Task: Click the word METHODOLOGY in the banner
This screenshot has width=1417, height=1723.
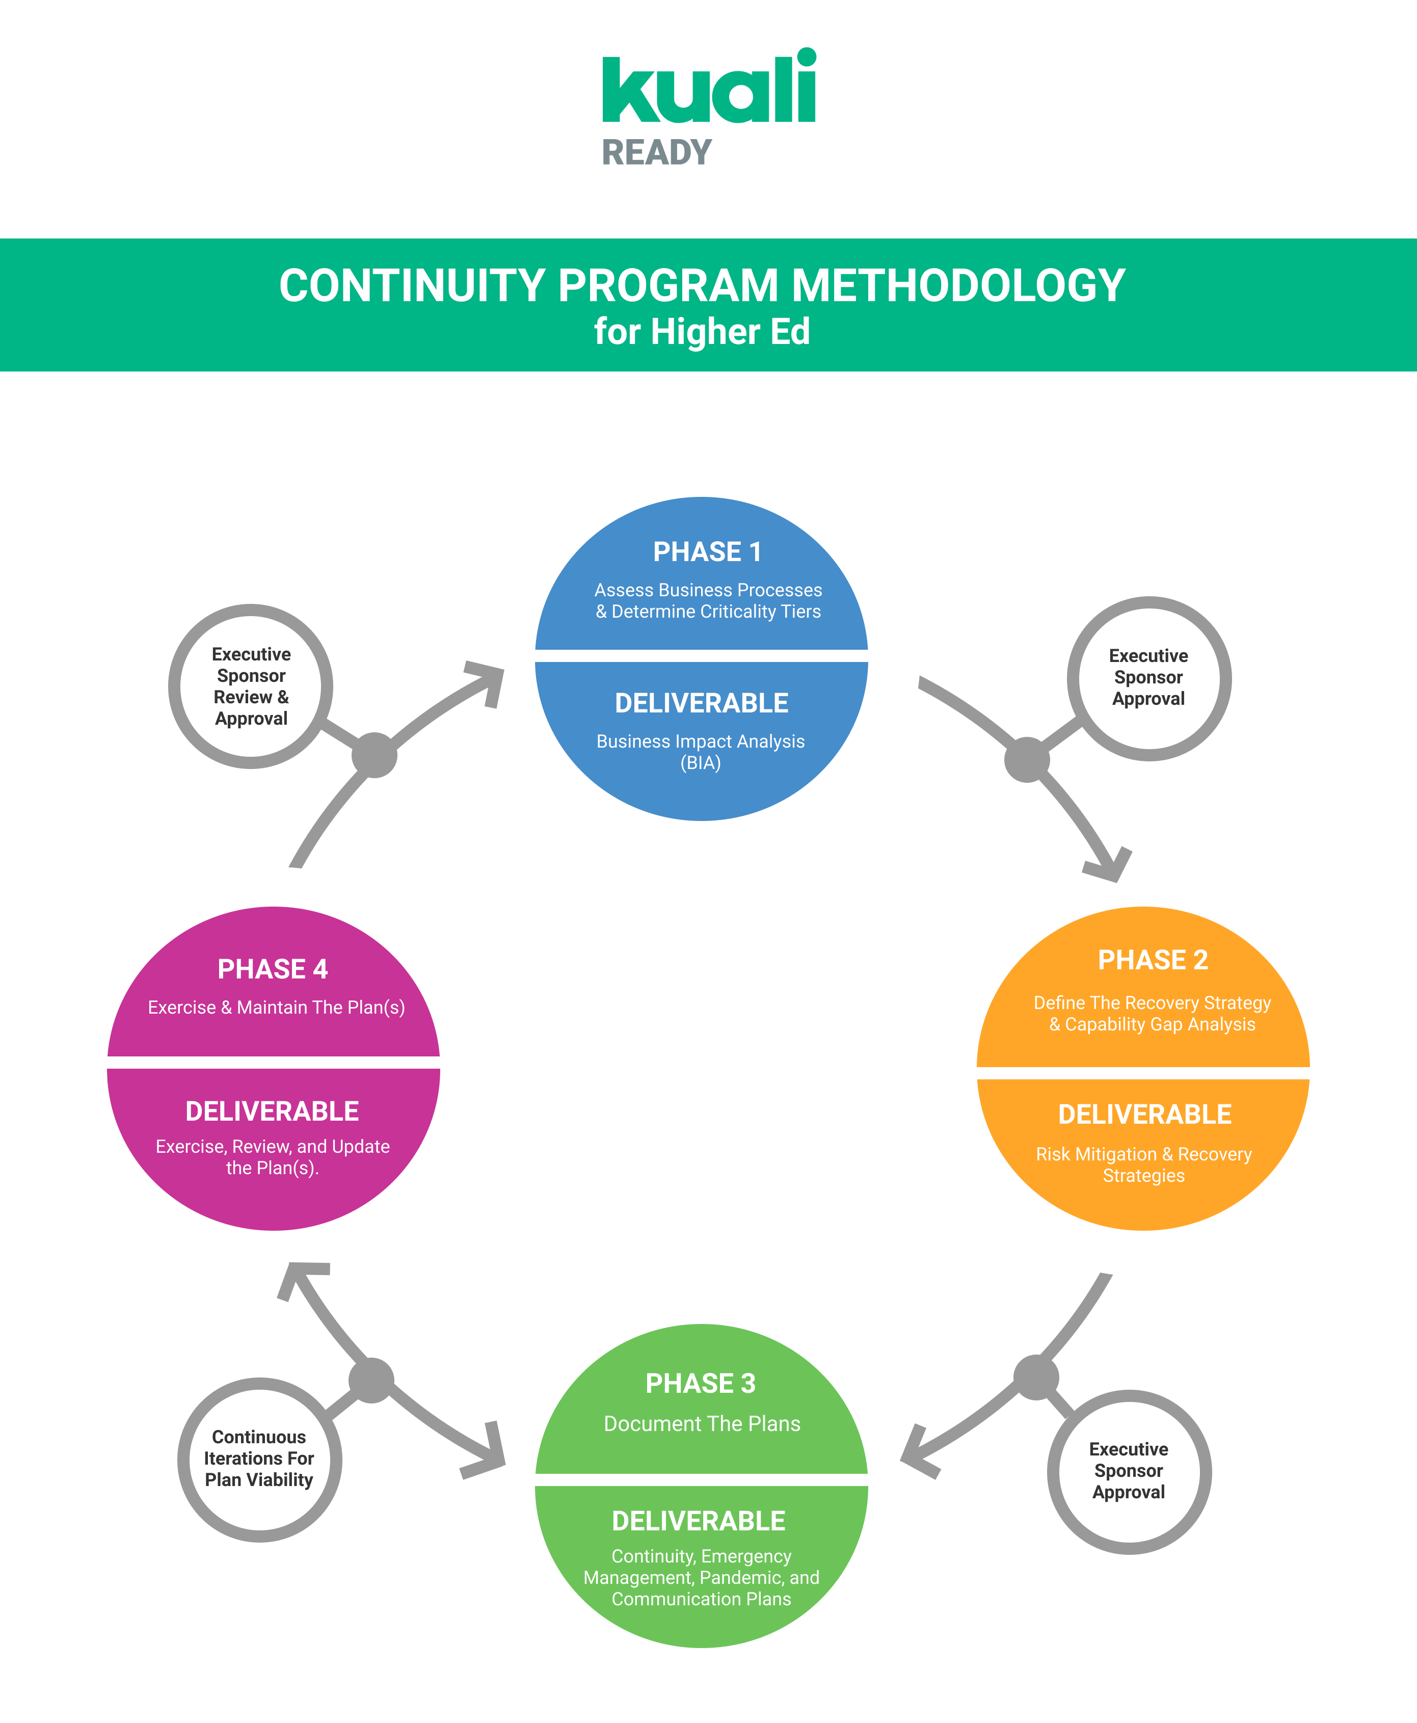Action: click(958, 286)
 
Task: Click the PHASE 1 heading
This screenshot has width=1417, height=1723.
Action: click(707, 552)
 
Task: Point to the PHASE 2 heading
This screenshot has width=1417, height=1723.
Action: click(1153, 960)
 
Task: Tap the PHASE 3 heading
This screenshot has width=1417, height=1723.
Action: click(700, 1384)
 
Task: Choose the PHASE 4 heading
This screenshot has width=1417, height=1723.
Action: click(273, 969)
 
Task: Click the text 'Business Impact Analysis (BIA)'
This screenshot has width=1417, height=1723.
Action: click(700, 752)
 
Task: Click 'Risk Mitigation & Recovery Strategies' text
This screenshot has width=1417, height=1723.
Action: click(1143, 1164)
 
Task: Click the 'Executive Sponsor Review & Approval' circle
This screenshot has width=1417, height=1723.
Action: click(251, 686)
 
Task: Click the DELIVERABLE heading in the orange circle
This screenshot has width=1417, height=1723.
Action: click(1144, 1114)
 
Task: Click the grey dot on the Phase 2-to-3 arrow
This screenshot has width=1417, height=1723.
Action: click(1036, 1377)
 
